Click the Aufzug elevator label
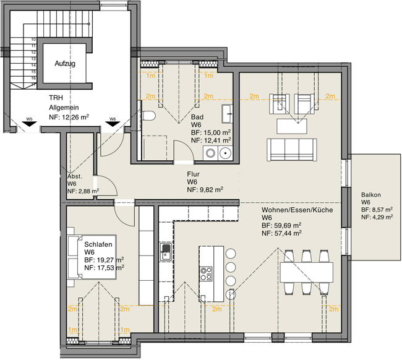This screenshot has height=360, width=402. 65,64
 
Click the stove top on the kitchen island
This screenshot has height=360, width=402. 206,273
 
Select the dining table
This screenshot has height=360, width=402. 306,271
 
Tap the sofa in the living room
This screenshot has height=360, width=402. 292,149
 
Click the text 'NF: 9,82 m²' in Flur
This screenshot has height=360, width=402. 205,191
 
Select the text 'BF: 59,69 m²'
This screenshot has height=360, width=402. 281,226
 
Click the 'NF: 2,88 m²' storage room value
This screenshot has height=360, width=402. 83,191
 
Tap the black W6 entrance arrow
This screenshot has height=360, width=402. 112,124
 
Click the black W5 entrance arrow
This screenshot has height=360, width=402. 28,124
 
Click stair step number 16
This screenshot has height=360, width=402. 33,79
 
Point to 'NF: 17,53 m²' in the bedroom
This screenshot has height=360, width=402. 104,267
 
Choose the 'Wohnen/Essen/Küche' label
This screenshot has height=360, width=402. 297,210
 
